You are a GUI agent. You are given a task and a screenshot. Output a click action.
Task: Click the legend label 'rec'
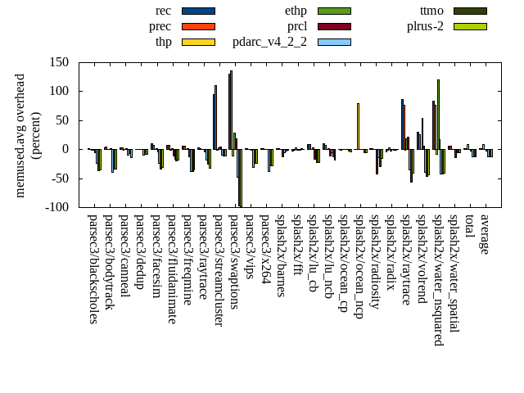(x=163, y=11)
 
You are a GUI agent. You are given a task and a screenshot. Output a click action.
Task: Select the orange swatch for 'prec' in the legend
(x=198, y=26)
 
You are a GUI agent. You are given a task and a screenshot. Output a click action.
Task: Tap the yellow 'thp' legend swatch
(x=198, y=42)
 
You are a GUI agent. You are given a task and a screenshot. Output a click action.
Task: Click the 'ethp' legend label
(x=296, y=11)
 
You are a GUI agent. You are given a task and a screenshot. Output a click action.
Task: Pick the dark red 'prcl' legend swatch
(x=334, y=26)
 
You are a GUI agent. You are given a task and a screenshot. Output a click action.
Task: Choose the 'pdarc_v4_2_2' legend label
(x=269, y=42)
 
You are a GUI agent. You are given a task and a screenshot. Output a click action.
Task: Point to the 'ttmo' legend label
(x=431, y=11)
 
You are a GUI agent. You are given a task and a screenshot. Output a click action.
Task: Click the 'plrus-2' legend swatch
(x=470, y=26)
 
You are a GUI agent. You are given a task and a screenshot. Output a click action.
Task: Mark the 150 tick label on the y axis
(x=57, y=62)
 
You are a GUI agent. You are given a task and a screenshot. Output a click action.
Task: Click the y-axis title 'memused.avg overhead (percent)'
(x=28, y=135)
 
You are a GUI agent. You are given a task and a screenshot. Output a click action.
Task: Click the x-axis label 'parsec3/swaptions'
(x=233, y=261)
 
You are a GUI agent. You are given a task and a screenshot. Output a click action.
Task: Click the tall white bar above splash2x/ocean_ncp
(x=358, y=126)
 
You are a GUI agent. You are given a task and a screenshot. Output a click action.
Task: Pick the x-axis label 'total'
(x=469, y=228)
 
